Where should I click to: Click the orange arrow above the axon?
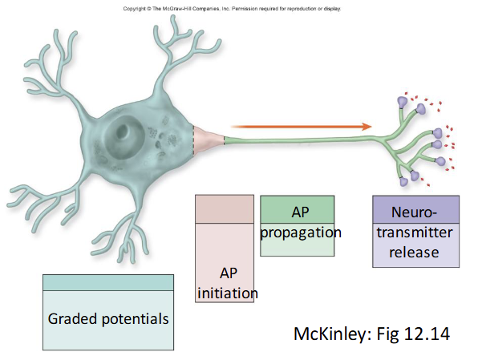(x=297, y=126)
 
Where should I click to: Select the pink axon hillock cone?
(x=208, y=138)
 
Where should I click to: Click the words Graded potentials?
(x=107, y=318)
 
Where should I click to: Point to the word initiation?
(x=228, y=293)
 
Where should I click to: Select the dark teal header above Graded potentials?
(x=107, y=282)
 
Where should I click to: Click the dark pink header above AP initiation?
(x=225, y=208)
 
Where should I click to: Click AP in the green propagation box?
(x=298, y=212)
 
